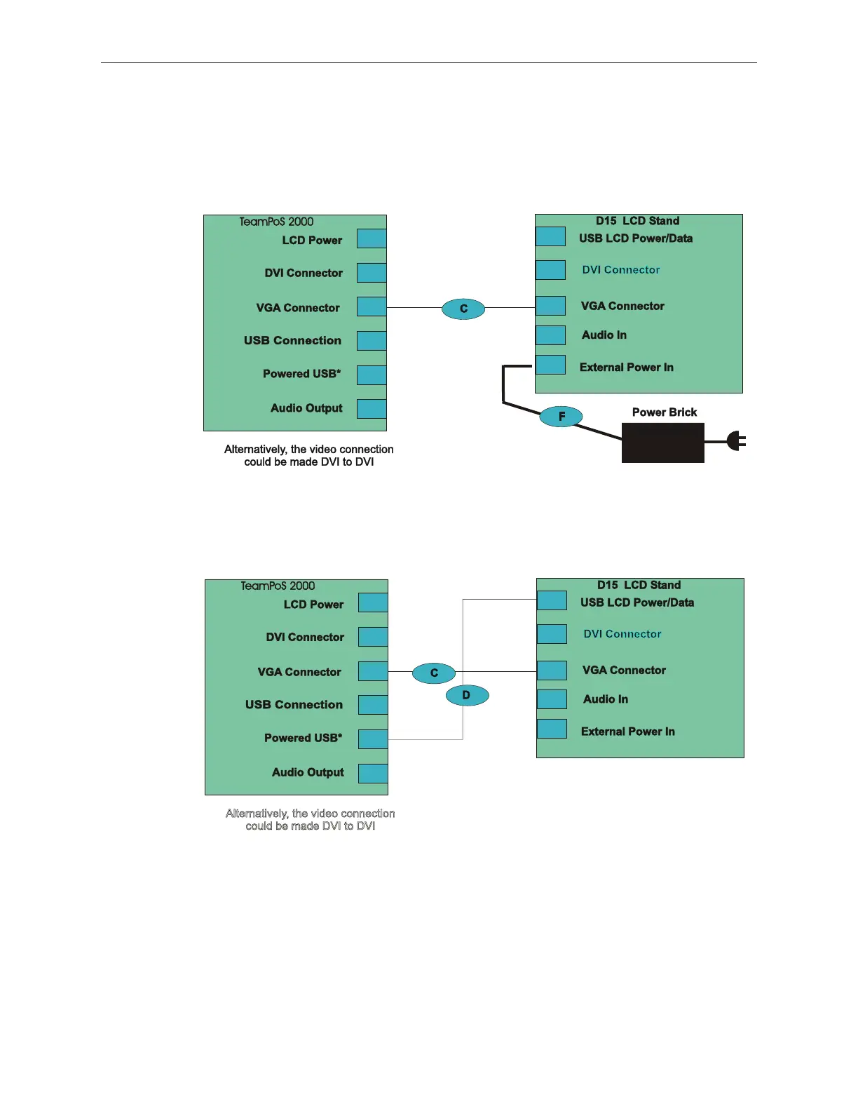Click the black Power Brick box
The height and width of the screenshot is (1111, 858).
[662, 443]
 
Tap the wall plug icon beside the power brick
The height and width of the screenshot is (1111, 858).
[735, 441]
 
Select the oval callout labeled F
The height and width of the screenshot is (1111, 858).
[561, 417]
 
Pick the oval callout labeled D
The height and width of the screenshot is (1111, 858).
[467, 695]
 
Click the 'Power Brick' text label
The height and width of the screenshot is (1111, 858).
[665, 412]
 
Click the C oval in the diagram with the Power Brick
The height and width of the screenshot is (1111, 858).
[463, 309]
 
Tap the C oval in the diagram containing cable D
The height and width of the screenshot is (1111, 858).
[434, 673]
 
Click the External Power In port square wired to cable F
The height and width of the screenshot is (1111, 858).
[550, 365]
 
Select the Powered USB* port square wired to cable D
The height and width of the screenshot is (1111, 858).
[373, 739]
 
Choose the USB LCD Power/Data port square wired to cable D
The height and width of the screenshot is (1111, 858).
[552, 600]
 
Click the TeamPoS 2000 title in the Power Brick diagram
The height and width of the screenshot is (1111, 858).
[276, 222]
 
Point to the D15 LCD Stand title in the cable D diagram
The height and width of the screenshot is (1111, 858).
[639, 585]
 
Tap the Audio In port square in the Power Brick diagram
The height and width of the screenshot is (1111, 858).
[550, 335]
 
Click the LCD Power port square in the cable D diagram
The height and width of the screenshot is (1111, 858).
[373, 602]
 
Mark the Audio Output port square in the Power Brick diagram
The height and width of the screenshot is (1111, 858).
[372, 409]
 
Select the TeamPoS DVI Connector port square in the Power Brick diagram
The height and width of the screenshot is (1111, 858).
[372, 273]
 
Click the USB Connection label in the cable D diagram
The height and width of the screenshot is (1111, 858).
[294, 705]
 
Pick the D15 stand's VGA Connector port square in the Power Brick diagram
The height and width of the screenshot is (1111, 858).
[550, 306]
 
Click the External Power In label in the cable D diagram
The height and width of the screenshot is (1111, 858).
[627, 732]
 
